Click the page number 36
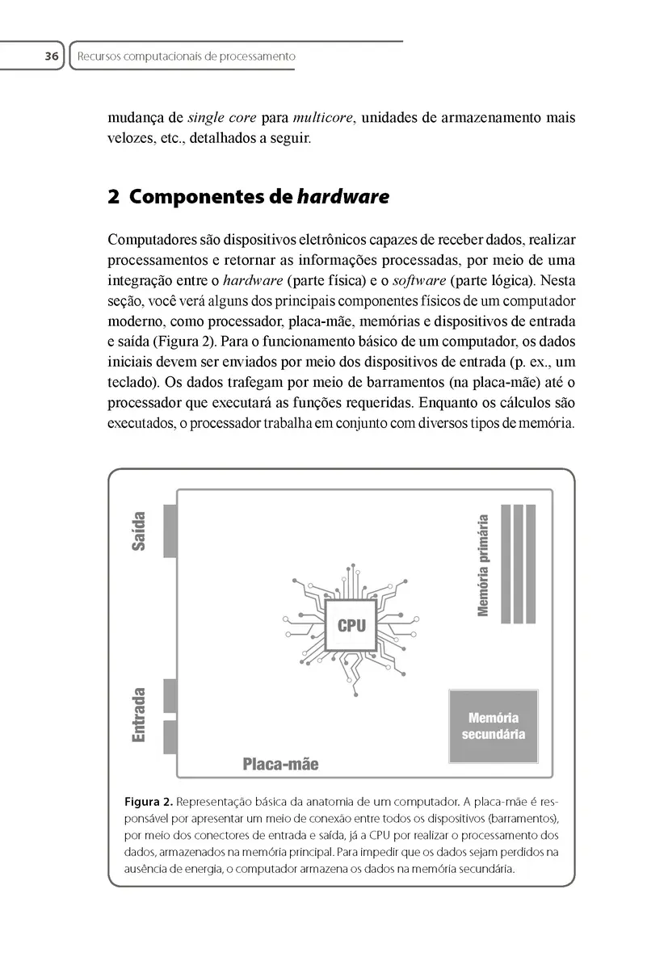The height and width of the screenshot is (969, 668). click(x=51, y=57)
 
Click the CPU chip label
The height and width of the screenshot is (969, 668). click(x=351, y=626)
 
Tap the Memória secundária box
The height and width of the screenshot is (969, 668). click(x=493, y=726)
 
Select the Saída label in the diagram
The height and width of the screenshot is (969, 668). click(x=139, y=531)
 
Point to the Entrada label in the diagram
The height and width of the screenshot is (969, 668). click(x=139, y=715)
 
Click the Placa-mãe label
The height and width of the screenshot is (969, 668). click(x=280, y=764)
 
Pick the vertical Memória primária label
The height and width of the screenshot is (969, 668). click(x=483, y=565)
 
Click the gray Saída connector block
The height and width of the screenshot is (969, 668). click(x=170, y=531)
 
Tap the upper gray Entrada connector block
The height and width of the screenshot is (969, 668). click(x=170, y=695)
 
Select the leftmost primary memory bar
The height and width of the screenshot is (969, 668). click(x=506, y=564)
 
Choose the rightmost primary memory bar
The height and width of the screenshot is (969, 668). click(x=531, y=564)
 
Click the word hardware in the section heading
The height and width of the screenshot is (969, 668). click(x=343, y=196)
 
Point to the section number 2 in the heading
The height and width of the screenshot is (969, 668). click(x=113, y=196)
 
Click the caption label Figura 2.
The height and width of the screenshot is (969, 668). click(x=148, y=803)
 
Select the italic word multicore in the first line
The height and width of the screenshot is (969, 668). click(x=323, y=118)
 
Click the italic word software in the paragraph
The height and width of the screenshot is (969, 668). click(x=418, y=282)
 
